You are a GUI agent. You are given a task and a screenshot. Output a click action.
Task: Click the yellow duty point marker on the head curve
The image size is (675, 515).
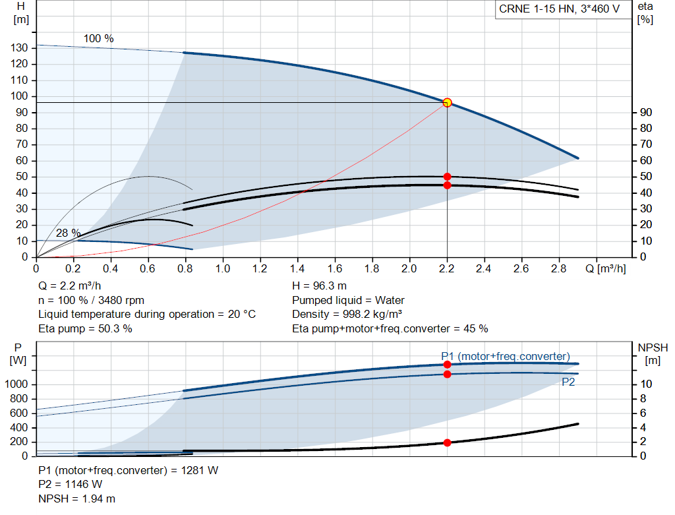click(x=448, y=102)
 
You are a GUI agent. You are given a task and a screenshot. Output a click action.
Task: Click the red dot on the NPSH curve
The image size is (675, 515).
click(x=448, y=442)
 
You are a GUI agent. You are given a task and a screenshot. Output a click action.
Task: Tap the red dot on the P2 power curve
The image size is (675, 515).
click(x=448, y=374)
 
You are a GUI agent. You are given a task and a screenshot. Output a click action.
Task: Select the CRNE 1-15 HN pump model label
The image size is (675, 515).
click(x=559, y=9)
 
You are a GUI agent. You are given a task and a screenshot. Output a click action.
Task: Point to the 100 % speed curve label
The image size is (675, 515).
click(x=99, y=38)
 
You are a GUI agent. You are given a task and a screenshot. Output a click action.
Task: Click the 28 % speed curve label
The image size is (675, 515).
click(x=68, y=233)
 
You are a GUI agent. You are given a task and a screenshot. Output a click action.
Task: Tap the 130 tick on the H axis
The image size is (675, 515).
click(x=19, y=47)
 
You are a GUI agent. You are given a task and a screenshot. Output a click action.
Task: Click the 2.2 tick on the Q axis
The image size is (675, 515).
click(x=447, y=268)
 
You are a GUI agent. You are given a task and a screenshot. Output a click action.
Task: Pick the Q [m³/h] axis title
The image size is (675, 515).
click(x=606, y=268)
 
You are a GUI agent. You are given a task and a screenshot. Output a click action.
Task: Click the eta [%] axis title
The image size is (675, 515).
click(x=645, y=13)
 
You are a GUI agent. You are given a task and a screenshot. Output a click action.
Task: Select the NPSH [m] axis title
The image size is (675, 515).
click(x=653, y=354)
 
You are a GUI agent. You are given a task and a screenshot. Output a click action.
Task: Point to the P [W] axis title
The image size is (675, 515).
click(x=18, y=354)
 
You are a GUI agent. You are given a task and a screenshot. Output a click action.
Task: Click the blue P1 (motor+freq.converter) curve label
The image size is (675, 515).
click(x=506, y=357)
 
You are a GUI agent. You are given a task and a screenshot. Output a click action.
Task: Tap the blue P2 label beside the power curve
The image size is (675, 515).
click(x=568, y=382)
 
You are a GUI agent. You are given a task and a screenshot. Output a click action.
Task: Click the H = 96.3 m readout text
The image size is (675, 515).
click(x=320, y=286)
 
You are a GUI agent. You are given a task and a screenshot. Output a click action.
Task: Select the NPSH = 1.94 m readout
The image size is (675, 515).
click(x=76, y=499)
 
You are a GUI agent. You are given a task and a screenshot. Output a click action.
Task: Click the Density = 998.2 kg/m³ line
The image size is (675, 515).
click(x=347, y=315)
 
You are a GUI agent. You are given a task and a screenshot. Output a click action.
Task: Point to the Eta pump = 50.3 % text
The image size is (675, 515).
click(x=85, y=329)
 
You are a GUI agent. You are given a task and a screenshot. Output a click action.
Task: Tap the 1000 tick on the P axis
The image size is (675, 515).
click(x=16, y=384)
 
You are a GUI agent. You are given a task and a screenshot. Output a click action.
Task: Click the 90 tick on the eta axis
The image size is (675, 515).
click(x=646, y=112)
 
